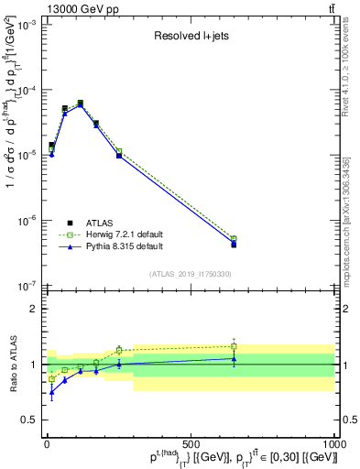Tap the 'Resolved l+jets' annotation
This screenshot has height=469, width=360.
(190, 37)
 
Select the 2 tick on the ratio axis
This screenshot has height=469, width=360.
(36, 309)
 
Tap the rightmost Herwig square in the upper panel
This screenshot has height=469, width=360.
(234, 239)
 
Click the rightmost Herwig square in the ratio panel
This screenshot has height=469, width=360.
(234, 346)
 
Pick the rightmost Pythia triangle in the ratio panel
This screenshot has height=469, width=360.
(234, 358)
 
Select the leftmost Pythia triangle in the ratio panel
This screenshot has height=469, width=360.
(51, 392)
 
